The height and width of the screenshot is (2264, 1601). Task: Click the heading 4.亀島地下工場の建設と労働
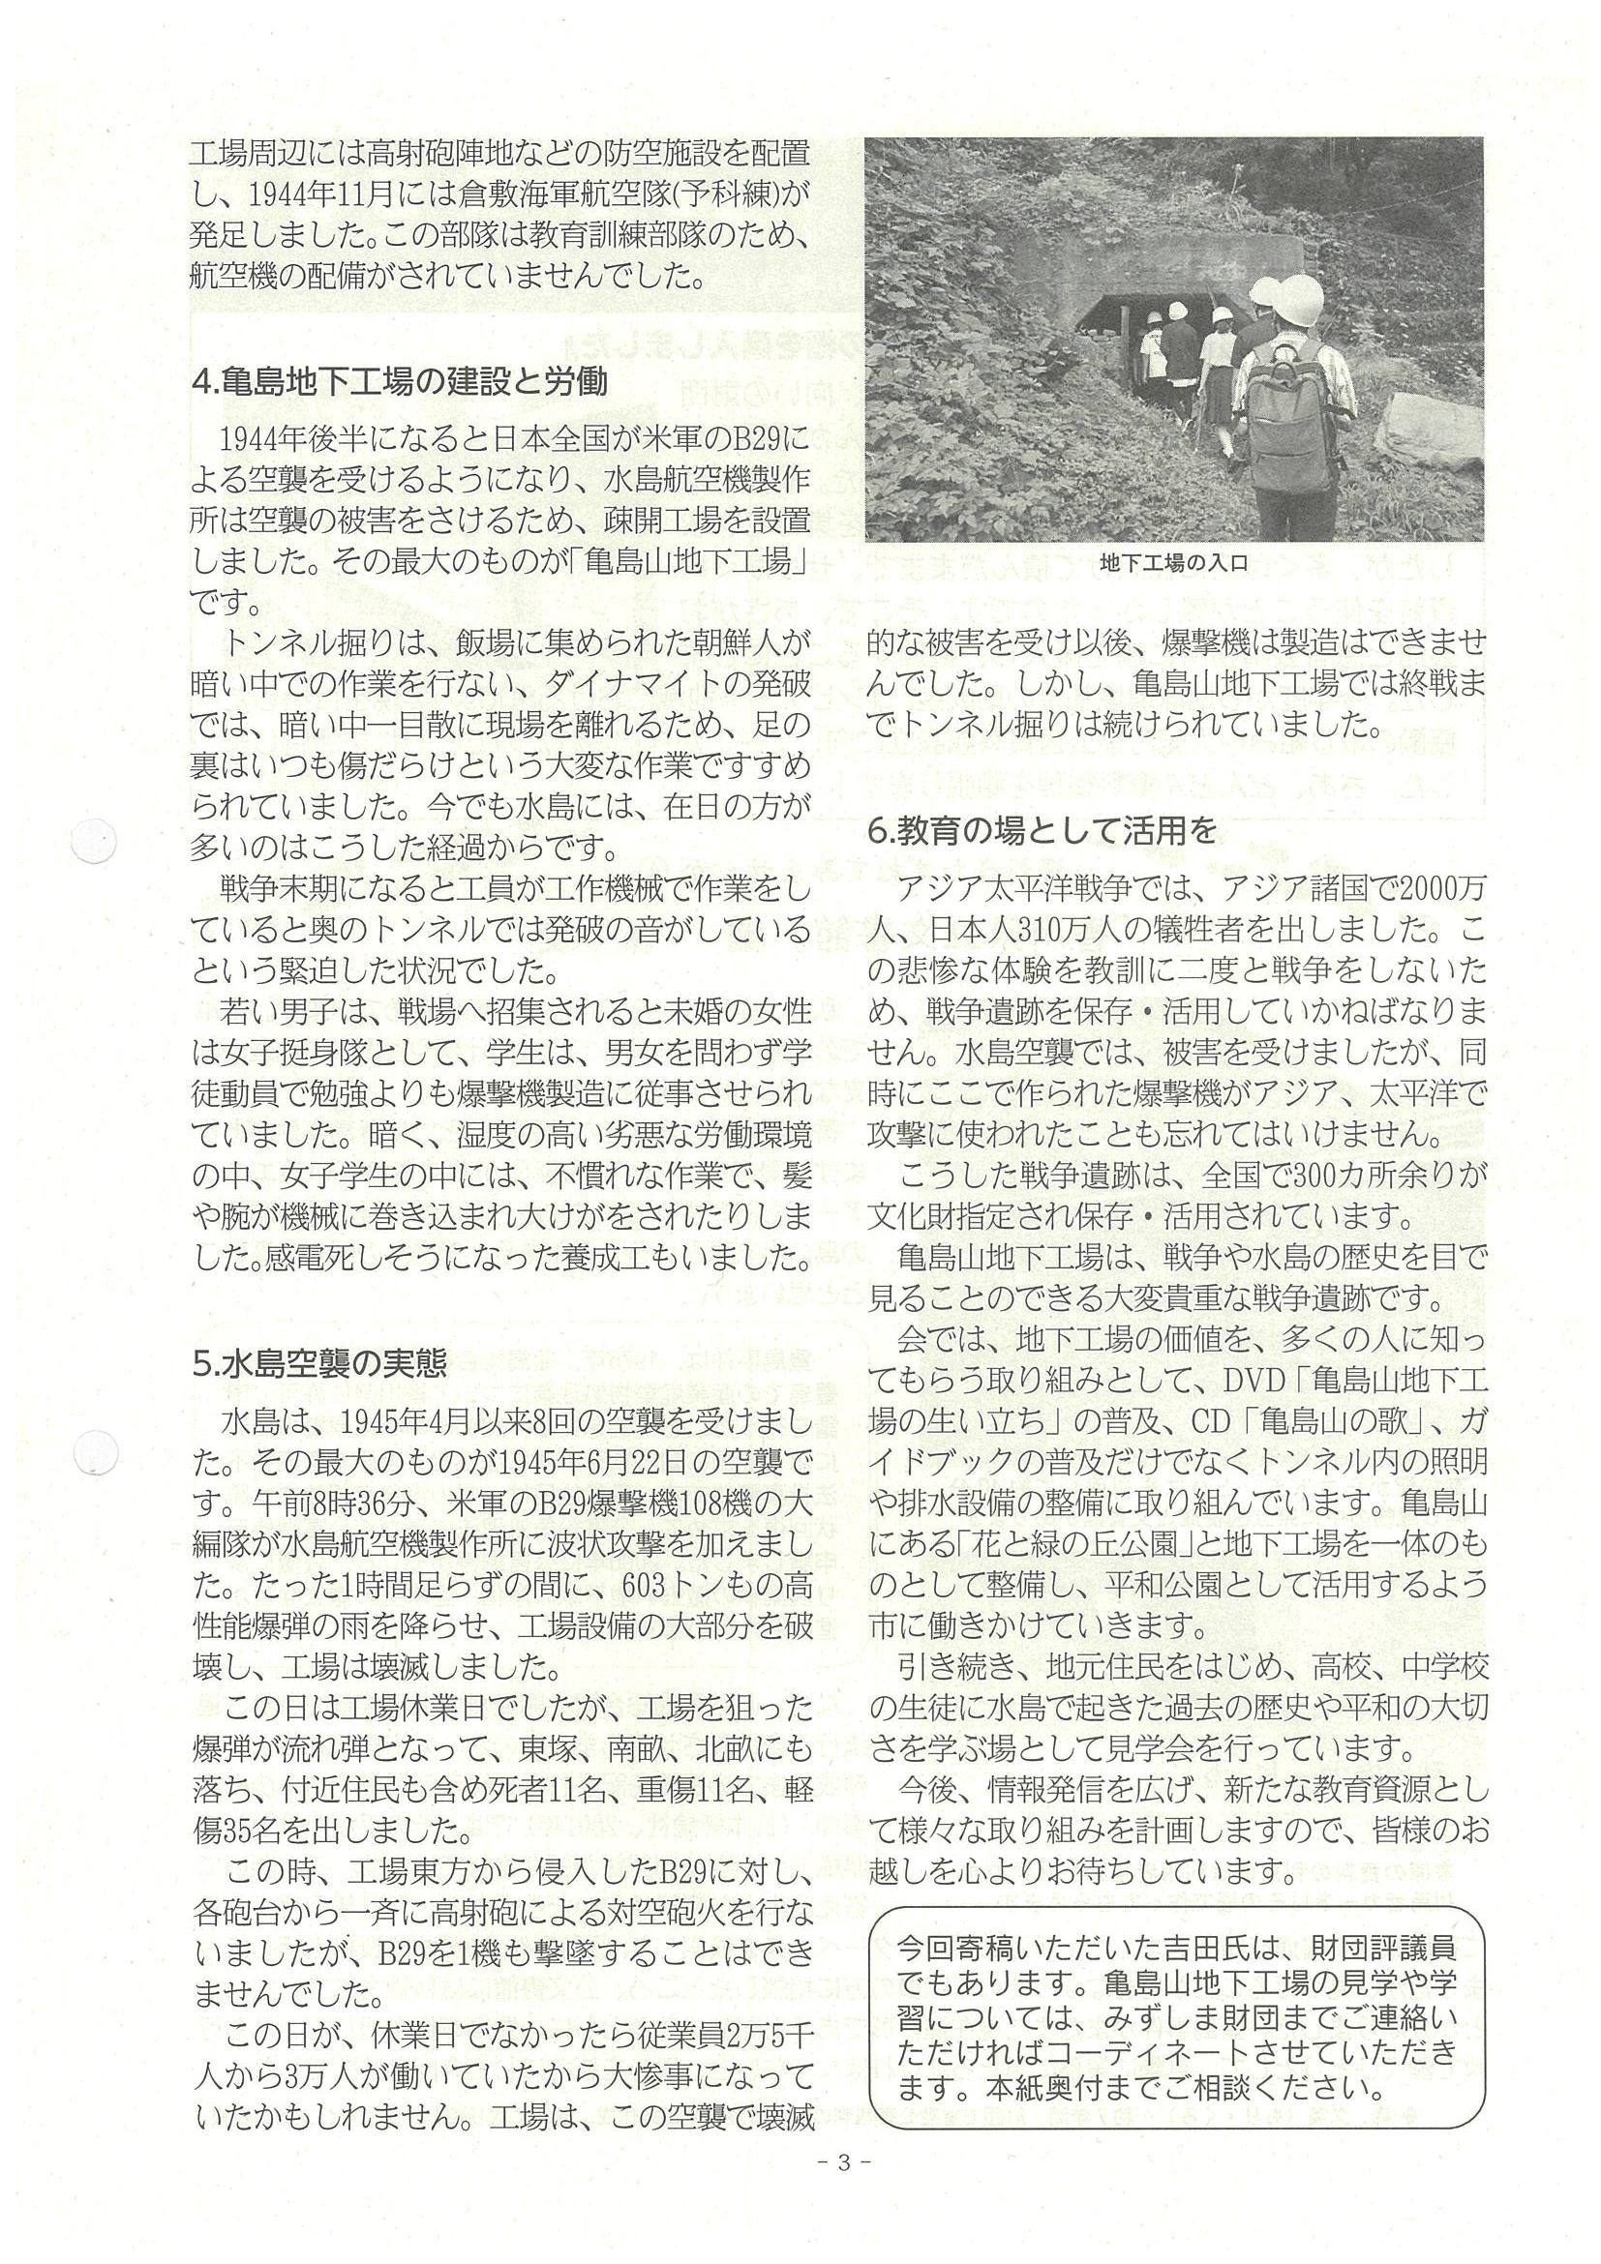[x=399, y=380]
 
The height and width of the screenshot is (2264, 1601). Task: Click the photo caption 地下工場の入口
[x=1173, y=565]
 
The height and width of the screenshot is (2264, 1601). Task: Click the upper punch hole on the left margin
[x=96, y=844]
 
